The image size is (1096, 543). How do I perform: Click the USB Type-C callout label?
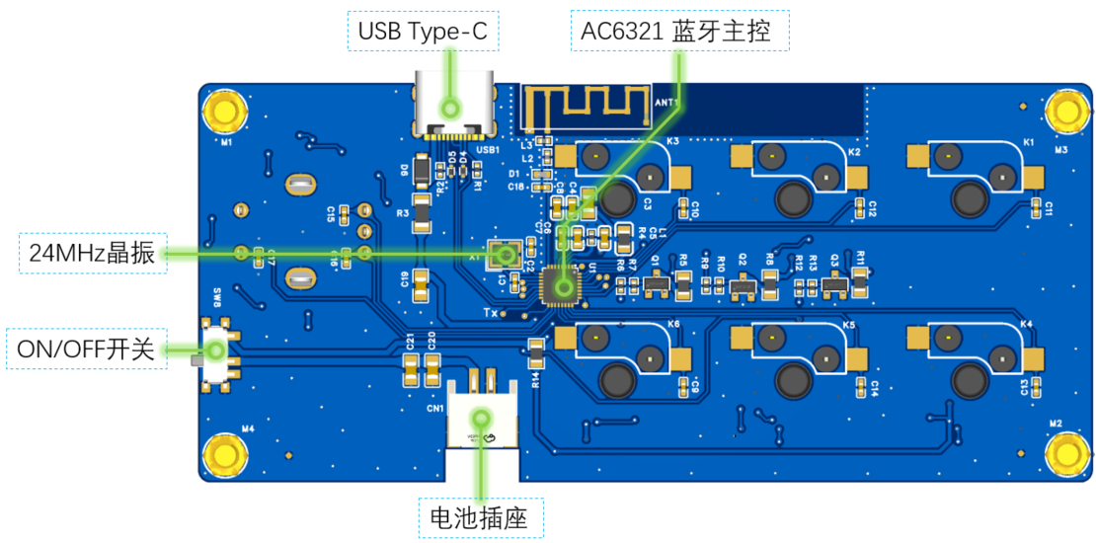(423, 32)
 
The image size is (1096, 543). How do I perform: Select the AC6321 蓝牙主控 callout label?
(681, 32)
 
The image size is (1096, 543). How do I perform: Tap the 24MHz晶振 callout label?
(92, 253)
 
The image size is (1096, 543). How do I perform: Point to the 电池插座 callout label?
(481, 516)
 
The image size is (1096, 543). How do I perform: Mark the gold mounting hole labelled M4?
(226, 455)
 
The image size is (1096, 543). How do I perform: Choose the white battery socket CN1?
(481, 415)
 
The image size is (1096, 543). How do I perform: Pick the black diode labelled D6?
(421, 174)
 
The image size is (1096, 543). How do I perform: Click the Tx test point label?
(490, 313)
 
